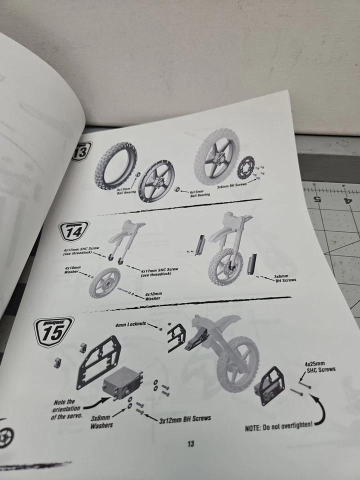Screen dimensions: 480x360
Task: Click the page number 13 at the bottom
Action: click(x=190, y=443)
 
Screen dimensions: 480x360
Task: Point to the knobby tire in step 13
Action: click(x=115, y=161)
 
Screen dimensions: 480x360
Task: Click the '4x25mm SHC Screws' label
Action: click(x=319, y=366)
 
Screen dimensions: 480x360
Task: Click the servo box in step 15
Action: click(x=121, y=384)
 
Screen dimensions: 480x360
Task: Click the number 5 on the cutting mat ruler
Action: click(x=317, y=198)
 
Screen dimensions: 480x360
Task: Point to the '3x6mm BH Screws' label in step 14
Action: click(x=285, y=277)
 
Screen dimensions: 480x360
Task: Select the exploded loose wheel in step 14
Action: click(x=105, y=282)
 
